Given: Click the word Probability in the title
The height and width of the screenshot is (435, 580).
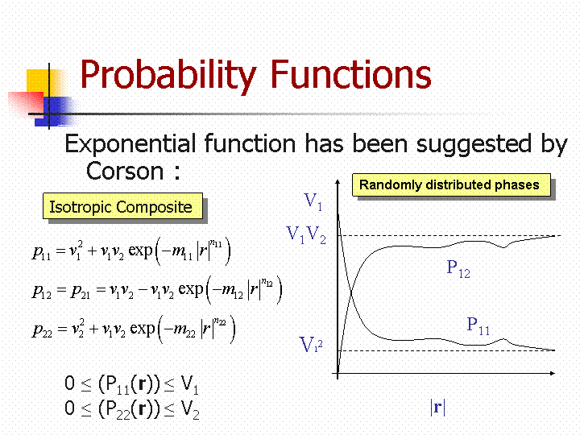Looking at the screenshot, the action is [x=168, y=76].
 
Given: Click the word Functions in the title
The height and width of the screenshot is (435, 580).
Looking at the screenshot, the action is [x=351, y=74].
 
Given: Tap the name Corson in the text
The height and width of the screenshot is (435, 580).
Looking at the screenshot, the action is [x=125, y=172].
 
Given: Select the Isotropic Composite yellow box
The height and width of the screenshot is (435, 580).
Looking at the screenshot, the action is [x=122, y=205].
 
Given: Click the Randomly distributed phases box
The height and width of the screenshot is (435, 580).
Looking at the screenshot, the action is [x=451, y=184].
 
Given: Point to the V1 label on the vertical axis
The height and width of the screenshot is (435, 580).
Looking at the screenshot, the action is [x=313, y=201].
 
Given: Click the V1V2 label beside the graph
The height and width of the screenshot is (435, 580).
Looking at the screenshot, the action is [x=307, y=235].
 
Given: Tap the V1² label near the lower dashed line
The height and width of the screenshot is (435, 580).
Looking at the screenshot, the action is [x=311, y=344].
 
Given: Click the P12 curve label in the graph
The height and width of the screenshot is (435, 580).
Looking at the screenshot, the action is [x=458, y=268].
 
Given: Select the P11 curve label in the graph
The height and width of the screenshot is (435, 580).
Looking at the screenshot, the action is [x=478, y=326].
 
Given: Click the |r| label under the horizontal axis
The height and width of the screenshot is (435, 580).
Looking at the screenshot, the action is [x=437, y=407].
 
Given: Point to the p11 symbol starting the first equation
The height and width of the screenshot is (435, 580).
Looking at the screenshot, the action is [x=41, y=253].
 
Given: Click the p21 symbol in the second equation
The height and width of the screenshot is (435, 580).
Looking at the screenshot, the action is [x=81, y=291].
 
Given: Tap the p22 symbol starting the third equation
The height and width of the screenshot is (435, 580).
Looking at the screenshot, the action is [x=42, y=329].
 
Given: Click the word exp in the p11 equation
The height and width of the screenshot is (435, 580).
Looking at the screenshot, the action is [x=140, y=251].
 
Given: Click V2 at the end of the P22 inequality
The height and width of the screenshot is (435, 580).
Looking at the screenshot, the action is [x=190, y=410].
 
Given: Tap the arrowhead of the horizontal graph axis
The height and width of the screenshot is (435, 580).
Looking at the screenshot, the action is [x=553, y=373].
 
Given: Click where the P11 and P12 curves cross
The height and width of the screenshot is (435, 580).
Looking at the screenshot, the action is [x=350, y=293].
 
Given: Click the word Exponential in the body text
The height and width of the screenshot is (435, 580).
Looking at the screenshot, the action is [x=130, y=143].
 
